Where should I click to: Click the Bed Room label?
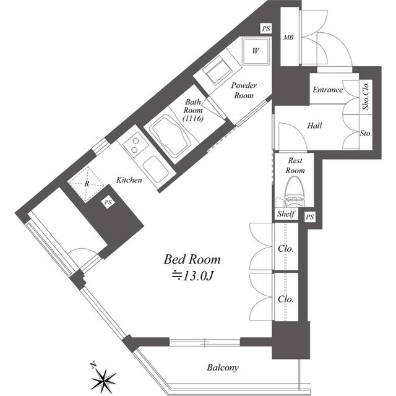pos(192,259)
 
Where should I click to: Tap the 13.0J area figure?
pos(193,276)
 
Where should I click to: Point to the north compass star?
pos(103,378)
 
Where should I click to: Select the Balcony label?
pos(223,368)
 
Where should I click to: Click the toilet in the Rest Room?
pos(293,192)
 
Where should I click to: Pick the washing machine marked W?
pos(256,51)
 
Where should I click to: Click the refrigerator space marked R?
pos(87,184)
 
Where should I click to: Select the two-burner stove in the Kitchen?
pos(135,145)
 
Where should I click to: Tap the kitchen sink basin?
pos(155,169)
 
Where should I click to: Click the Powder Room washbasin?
pos(218,71)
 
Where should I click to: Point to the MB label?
pos(288,37)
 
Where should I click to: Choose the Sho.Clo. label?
pos(366,95)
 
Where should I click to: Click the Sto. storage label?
pos(366,133)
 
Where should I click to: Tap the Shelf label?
pos(286,214)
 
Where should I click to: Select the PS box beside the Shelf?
pos(310,217)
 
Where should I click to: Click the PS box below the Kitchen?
pos(108,202)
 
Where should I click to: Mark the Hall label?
pos(314,126)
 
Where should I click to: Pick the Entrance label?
pos(327,90)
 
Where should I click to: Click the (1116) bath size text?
pos(193,118)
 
